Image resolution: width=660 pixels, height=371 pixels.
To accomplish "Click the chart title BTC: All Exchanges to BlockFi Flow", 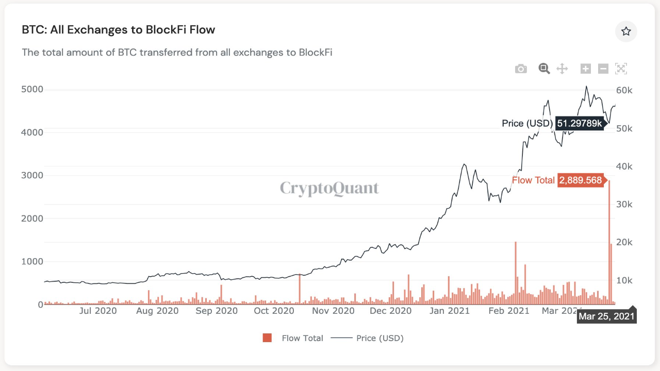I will pyautogui.click(x=118, y=30).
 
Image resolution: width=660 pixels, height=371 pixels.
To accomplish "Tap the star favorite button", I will pyautogui.click(x=626, y=31).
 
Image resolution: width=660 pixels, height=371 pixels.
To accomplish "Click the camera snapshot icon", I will pyautogui.click(x=521, y=69).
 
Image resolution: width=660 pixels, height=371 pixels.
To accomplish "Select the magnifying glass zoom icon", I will pyautogui.click(x=544, y=69).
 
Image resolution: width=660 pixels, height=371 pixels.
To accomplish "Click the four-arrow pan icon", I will pyautogui.click(x=562, y=69).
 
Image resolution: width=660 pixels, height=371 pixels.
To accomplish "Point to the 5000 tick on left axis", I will pyautogui.click(x=32, y=89).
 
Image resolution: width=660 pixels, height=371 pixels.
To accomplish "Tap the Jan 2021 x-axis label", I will pyautogui.click(x=450, y=311).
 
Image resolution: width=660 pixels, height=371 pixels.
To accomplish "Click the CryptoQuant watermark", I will pyautogui.click(x=329, y=188).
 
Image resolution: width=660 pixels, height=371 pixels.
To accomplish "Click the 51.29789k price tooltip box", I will pyautogui.click(x=580, y=123).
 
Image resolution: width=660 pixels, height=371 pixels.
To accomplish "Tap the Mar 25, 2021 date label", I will pyautogui.click(x=606, y=316).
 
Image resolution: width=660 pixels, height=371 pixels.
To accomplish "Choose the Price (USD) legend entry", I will pyautogui.click(x=367, y=338).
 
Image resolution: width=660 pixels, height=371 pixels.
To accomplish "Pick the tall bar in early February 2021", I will pyautogui.click(x=516, y=273).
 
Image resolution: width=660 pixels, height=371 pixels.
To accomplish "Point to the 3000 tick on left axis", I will pyautogui.click(x=32, y=175).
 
